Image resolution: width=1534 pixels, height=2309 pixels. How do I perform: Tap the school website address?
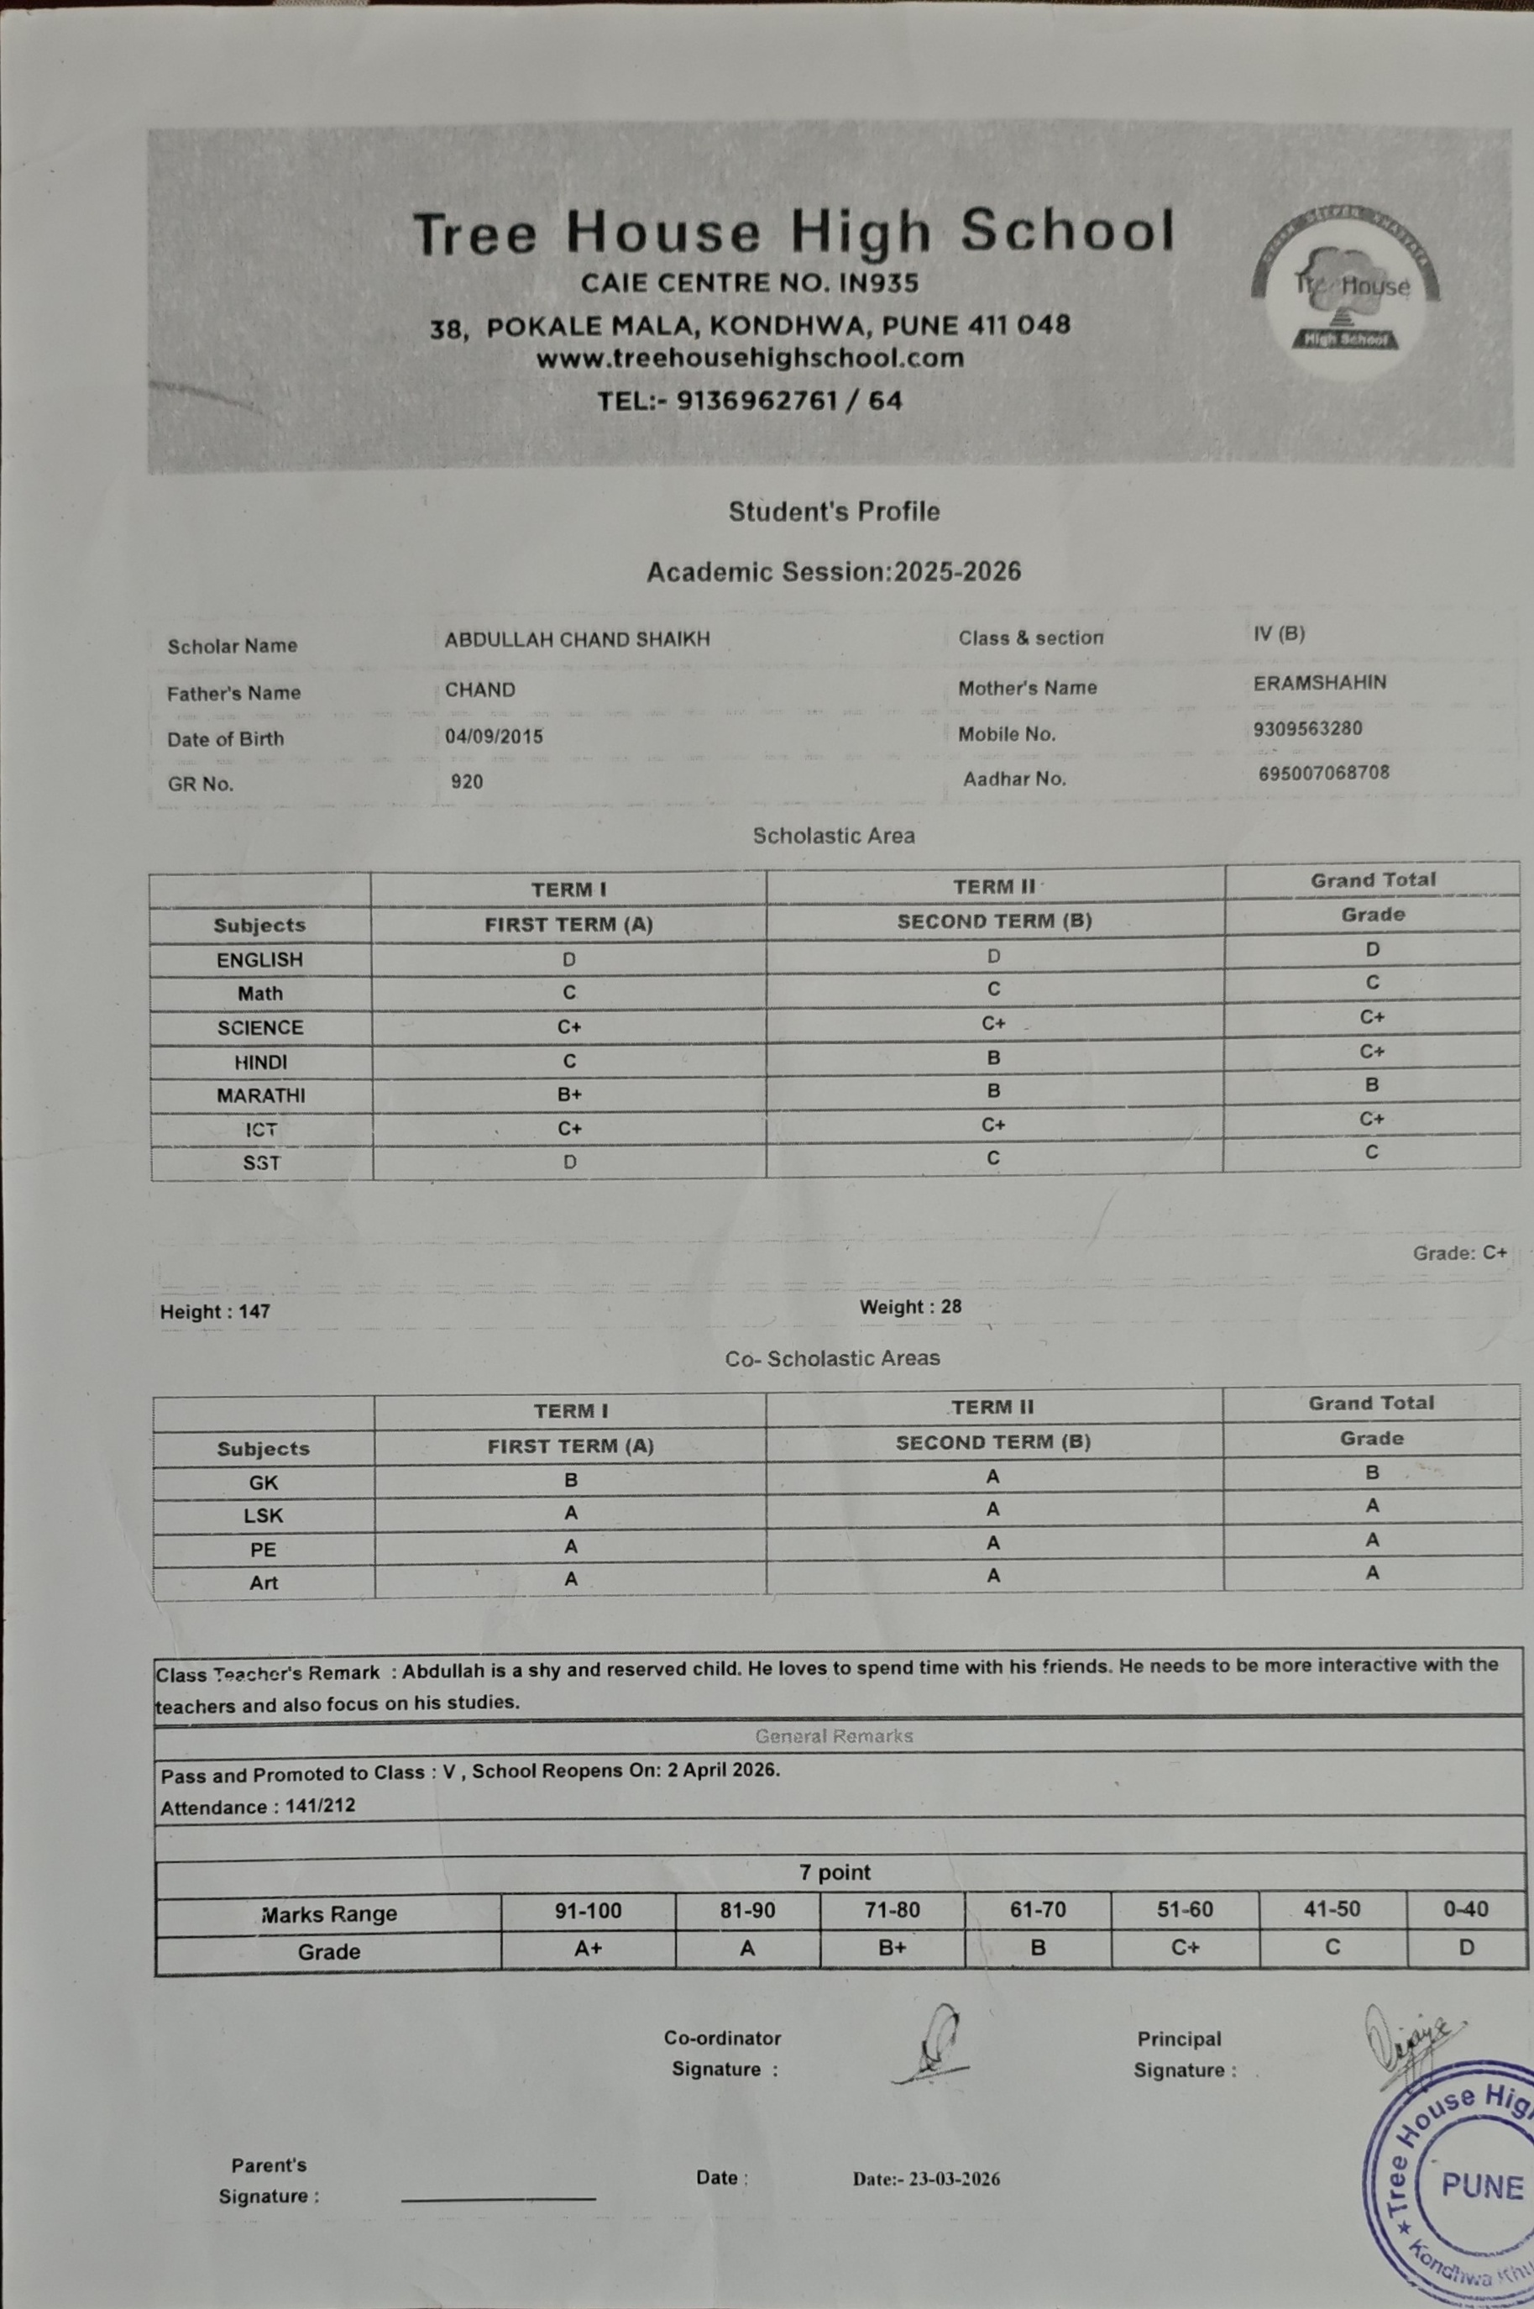750,359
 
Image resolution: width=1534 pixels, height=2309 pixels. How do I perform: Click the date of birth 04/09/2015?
493,737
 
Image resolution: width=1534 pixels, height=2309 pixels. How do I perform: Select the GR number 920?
467,782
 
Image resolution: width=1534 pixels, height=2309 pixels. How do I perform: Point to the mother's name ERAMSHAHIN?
1319,683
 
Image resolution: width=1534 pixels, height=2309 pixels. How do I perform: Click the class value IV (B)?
1279,634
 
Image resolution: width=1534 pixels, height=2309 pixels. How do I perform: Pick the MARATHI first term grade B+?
569,1094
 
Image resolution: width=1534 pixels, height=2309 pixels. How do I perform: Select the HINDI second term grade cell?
994,1057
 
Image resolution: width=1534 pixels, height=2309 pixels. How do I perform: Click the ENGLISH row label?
259,960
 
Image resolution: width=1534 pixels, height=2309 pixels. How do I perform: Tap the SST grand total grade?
1372,1152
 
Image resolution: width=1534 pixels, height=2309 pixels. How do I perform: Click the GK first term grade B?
570,1480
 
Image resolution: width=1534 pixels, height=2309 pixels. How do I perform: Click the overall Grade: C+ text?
1458,1252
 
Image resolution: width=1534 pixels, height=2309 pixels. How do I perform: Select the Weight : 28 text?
910,1307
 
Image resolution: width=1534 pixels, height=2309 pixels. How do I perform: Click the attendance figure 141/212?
320,1806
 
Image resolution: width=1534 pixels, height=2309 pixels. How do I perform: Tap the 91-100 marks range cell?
588,1910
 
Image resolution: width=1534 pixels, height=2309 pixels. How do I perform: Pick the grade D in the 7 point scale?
1465,1947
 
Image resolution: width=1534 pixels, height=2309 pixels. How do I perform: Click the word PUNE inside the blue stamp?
1481,2186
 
